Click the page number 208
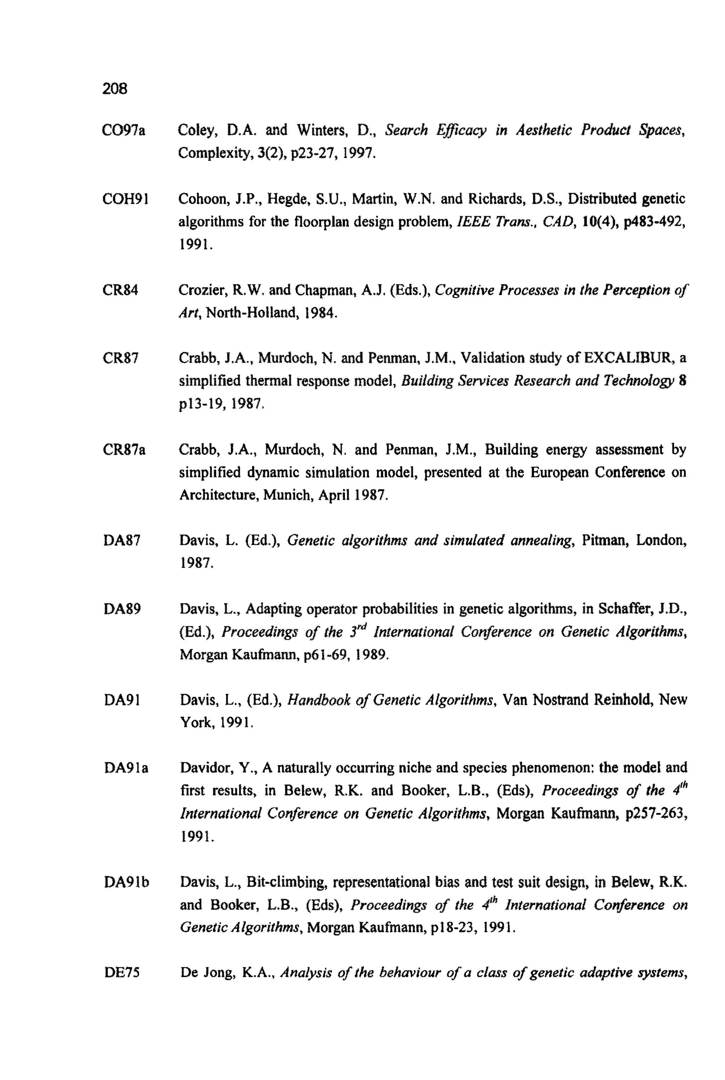tap(115, 88)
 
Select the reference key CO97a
tap(124, 131)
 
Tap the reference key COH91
tap(125, 199)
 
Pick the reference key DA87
tap(122, 540)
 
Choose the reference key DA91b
tap(127, 882)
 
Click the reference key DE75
tap(122, 973)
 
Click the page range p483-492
tap(652, 222)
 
